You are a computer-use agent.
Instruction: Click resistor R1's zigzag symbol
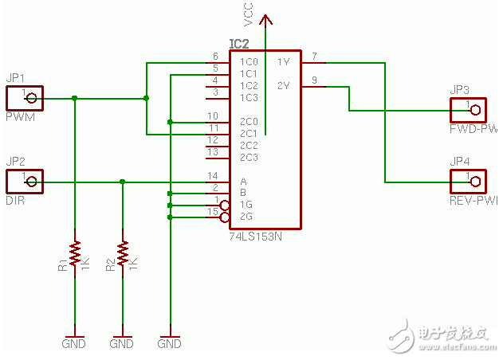[x=75, y=252]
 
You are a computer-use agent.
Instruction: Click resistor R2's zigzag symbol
[x=123, y=252]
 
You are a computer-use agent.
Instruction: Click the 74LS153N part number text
[x=256, y=237]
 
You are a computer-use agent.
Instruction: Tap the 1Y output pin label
[x=283, y=61]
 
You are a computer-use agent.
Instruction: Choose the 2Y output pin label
[x=283, y=85]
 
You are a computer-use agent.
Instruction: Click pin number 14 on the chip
[x=213, y=175]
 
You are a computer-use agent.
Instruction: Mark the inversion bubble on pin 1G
[x=225, y=205]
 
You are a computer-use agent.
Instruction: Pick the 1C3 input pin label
[x=247, y=97]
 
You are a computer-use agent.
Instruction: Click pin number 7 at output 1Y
[x=314, y=56]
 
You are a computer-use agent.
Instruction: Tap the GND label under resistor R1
[x=73, y=344]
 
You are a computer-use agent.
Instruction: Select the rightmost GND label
[x=169, y=344]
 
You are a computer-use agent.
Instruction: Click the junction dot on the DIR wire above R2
[x=123, y=182]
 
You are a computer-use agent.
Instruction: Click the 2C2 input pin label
[x=247, y=145]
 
